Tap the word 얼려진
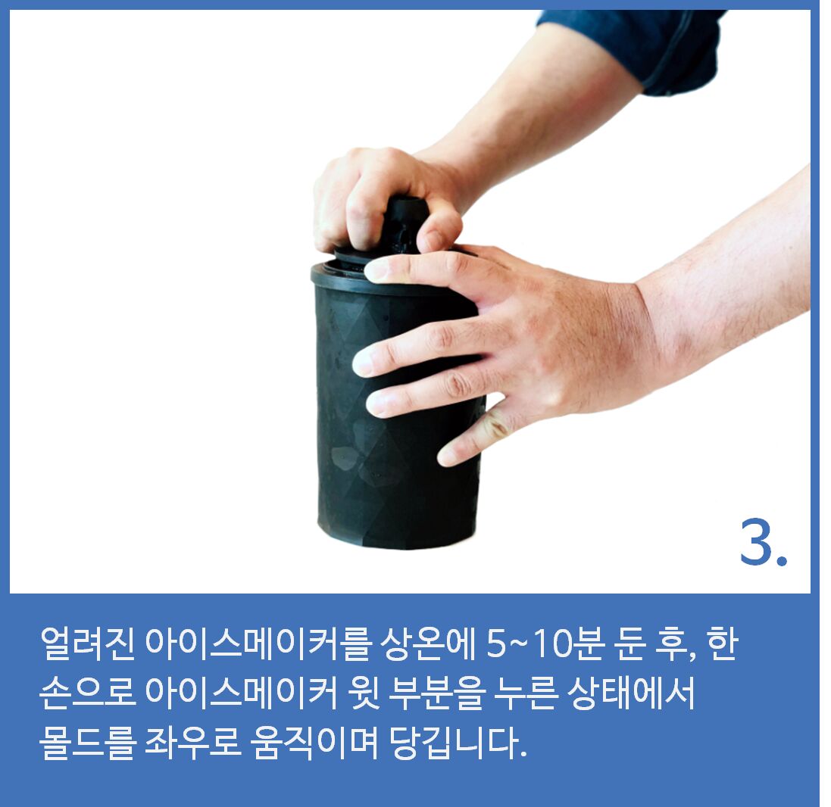tap(87, 644)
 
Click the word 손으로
tap(87, 693)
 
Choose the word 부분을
tap(436, 693)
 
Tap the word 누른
tap(525, 693)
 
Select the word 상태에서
tap(631, 693)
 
